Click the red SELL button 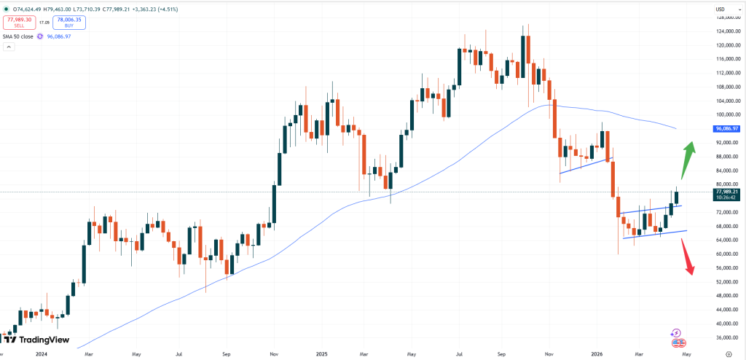coord(19,23)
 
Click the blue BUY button coord(69,23)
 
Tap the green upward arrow coord(687,160)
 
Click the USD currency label coord(721,9)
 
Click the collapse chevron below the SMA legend coord(9,47)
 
